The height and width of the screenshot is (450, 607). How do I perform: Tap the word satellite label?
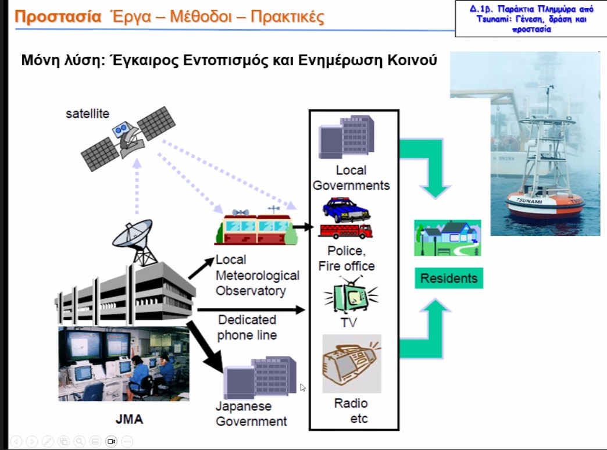[87, 114]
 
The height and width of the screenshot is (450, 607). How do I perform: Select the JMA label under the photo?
[129, 419]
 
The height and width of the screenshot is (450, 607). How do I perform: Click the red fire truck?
[345, 231]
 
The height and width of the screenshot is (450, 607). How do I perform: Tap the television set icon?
[352, 297]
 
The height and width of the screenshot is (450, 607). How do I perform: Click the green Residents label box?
[448, 278]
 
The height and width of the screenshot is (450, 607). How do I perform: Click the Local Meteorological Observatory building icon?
[256, 227]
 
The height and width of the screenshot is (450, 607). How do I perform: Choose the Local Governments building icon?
[347, 140]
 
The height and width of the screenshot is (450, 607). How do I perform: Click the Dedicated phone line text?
[248, 327]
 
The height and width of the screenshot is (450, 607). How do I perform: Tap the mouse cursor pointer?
[303, 387]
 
